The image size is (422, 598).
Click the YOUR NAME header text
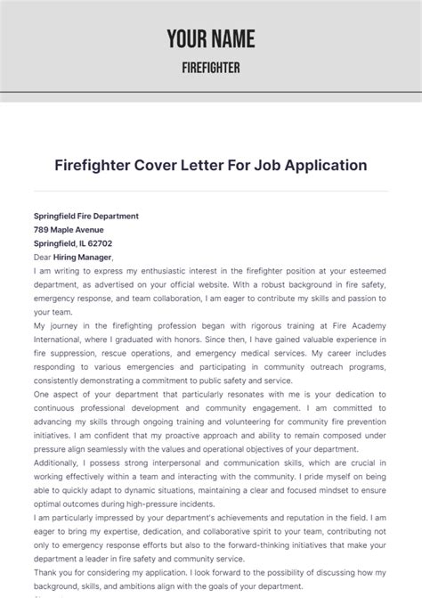(211, 38)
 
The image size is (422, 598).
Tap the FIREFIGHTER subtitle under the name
(211, 68)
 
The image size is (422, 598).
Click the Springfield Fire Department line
(85, 216)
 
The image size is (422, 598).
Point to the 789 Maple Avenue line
(69, 229)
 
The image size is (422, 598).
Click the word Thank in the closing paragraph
(45, 572)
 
